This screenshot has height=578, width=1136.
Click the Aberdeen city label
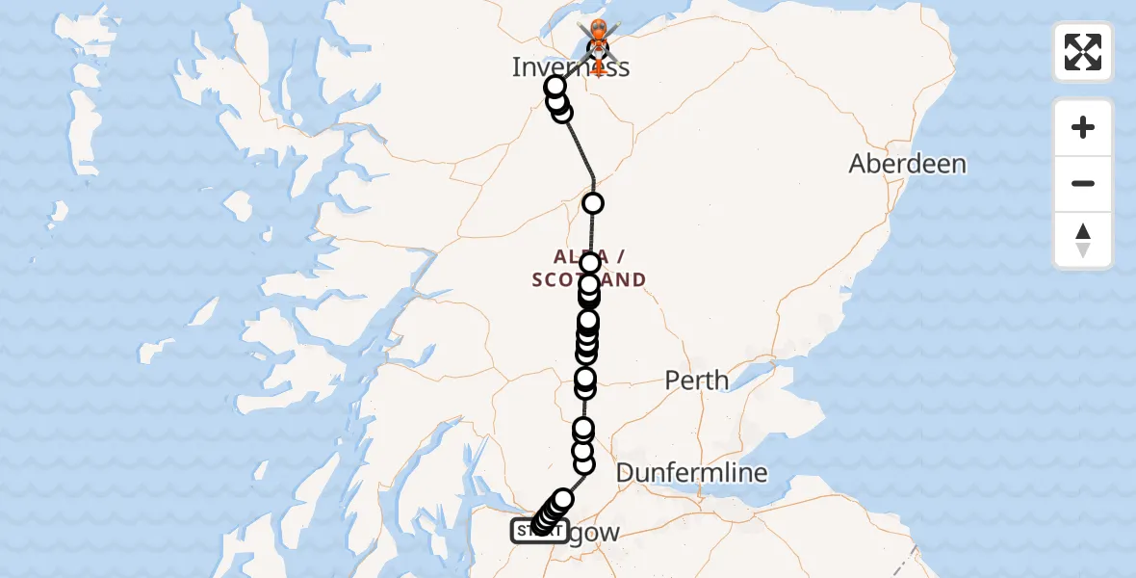[x=907, y=164]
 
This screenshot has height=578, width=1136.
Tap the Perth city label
[x=696, y=381]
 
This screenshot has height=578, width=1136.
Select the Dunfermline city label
[x=691, y=473]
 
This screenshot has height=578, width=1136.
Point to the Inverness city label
[x=570, y=67]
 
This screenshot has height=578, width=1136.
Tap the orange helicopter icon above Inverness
[x=598, y=37]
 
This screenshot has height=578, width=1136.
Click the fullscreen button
[x=1083, y=52]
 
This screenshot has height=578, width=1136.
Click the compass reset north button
[x=1083, y=241]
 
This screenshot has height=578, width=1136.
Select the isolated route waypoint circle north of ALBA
[x=593, y=203]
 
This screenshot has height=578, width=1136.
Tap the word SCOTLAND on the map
[x=588, y=280]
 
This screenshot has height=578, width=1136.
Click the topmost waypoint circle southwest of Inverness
[x=555, y=86]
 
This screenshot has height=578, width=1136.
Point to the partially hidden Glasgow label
[x=589, y=533]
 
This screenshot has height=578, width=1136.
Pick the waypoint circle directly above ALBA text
[x=590, y=262]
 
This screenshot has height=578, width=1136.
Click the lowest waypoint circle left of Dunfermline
[x=583, y=464]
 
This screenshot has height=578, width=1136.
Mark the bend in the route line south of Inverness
[x=593, y=178]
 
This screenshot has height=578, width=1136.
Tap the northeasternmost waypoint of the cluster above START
[x=563, y=499]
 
